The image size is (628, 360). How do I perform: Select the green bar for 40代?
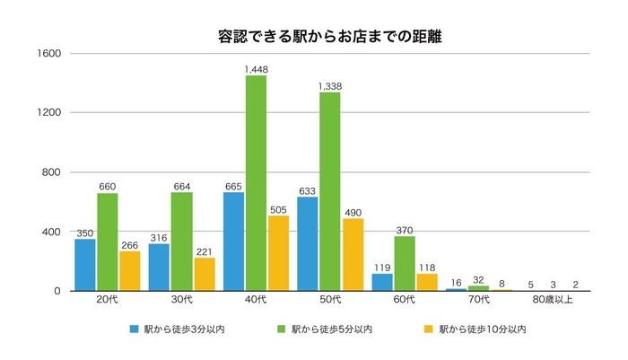tap(256, 183)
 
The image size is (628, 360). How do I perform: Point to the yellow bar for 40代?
tap(279, 253)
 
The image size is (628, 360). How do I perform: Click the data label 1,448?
tap(256, 68)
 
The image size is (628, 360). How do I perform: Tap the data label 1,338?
tap(330, 86)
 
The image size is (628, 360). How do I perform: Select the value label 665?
tap(233, 185)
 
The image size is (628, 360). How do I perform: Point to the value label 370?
tap(404, 228)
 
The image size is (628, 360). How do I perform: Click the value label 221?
tap(205, 250)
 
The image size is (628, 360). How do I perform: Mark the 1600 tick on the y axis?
tap(48, 54)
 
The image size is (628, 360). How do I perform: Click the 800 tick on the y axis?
tap(51, 172)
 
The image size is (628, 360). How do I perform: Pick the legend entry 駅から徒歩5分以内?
tap(332, 329)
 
